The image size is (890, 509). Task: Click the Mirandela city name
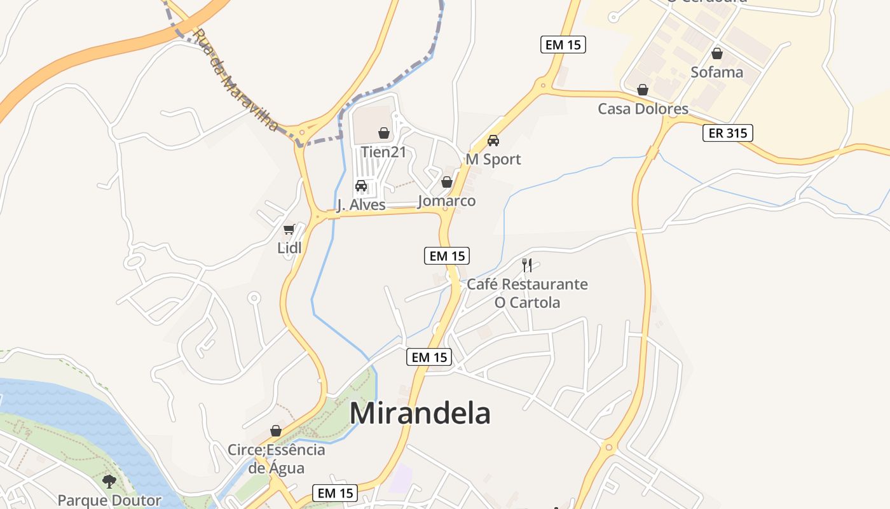pos(420,413)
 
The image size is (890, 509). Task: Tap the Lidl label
pos(289,248)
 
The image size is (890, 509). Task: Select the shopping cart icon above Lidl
pos(289,229)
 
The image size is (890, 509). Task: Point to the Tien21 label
pos(383,152)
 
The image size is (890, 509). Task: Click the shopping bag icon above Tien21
pos(384,133)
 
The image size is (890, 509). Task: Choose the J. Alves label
pos(361,204)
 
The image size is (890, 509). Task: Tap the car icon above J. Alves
pos(361,186)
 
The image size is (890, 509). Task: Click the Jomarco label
pos(447,201)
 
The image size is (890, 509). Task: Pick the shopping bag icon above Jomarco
pos(447,182)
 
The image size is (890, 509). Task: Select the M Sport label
pos(493,159)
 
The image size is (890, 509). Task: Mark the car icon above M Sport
pos(493,141)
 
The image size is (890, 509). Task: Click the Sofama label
pos(717,72)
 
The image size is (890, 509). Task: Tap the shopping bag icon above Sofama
pos(717,53)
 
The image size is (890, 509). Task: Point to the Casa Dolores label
pos(643,109)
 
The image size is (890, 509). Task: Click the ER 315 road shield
pos(728,133)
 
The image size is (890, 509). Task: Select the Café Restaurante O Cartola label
pos(528,293)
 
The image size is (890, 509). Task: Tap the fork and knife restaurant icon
pos(527,265)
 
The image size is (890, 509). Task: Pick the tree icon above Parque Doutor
pos(109,481)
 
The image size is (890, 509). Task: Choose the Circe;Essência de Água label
pos(277,459)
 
